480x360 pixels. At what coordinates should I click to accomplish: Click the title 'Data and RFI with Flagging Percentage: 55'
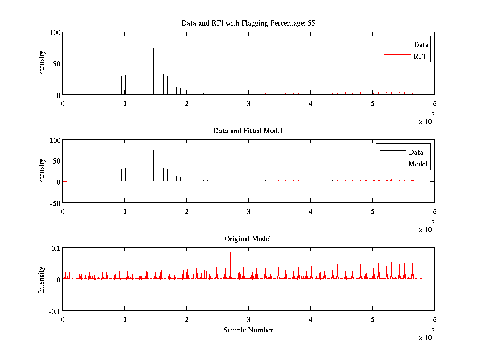coord(248,23)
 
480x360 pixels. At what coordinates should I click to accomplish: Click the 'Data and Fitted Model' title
coord(248,131)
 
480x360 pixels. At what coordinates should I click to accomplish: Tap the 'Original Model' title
coord(248,239)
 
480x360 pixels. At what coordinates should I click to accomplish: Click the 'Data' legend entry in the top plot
coord(421,45)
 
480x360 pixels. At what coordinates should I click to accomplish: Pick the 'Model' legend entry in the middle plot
coord(418,164)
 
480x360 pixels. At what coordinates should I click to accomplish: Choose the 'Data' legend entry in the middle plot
coord(416,152)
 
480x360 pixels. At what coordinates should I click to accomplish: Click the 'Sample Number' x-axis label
coord(248,330)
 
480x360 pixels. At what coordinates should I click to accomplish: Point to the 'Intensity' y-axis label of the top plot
coord(42,64)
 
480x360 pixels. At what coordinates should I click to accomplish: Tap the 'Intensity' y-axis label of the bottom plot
coord(42,280)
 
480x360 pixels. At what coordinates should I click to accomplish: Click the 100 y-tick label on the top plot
coord(55,32)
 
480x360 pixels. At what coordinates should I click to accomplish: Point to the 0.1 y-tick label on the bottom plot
coord(55,248)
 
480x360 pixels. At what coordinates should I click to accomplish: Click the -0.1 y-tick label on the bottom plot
coord(54,311)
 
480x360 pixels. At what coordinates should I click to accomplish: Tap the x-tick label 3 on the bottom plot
coord(248,320)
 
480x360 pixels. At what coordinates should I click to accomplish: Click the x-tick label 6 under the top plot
coord(434,104)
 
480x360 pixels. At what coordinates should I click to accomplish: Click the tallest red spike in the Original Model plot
coord(230,253)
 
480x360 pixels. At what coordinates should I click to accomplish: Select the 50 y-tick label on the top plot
coord(56,64)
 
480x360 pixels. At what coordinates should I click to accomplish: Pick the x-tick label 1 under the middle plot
coord(125,211)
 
